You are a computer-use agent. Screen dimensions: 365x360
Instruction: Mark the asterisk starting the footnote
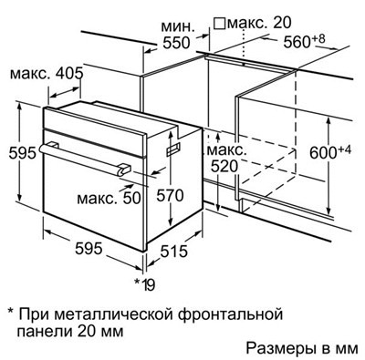click(12, 311)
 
